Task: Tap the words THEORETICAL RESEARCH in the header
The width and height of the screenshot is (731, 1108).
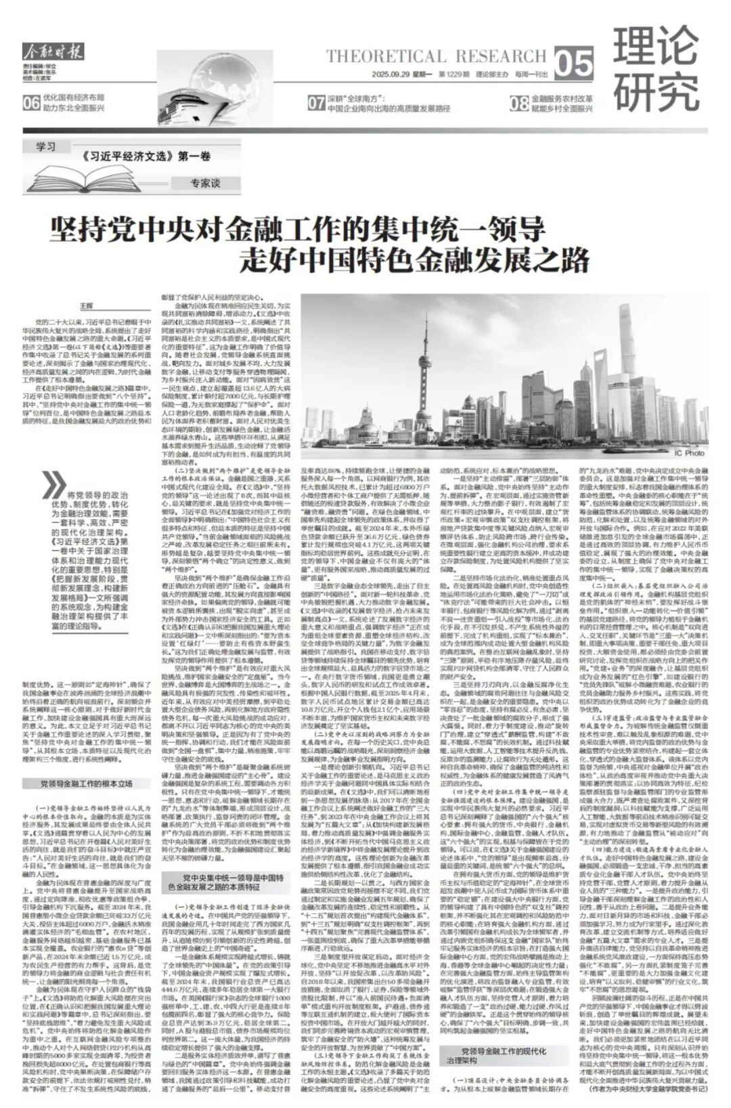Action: [x=435, y=56]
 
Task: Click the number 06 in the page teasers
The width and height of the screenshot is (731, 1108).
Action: [x=31, y=103]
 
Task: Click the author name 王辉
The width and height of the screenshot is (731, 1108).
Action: [x=85, y=288]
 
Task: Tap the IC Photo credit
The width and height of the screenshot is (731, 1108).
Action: [x=689, y=453]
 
